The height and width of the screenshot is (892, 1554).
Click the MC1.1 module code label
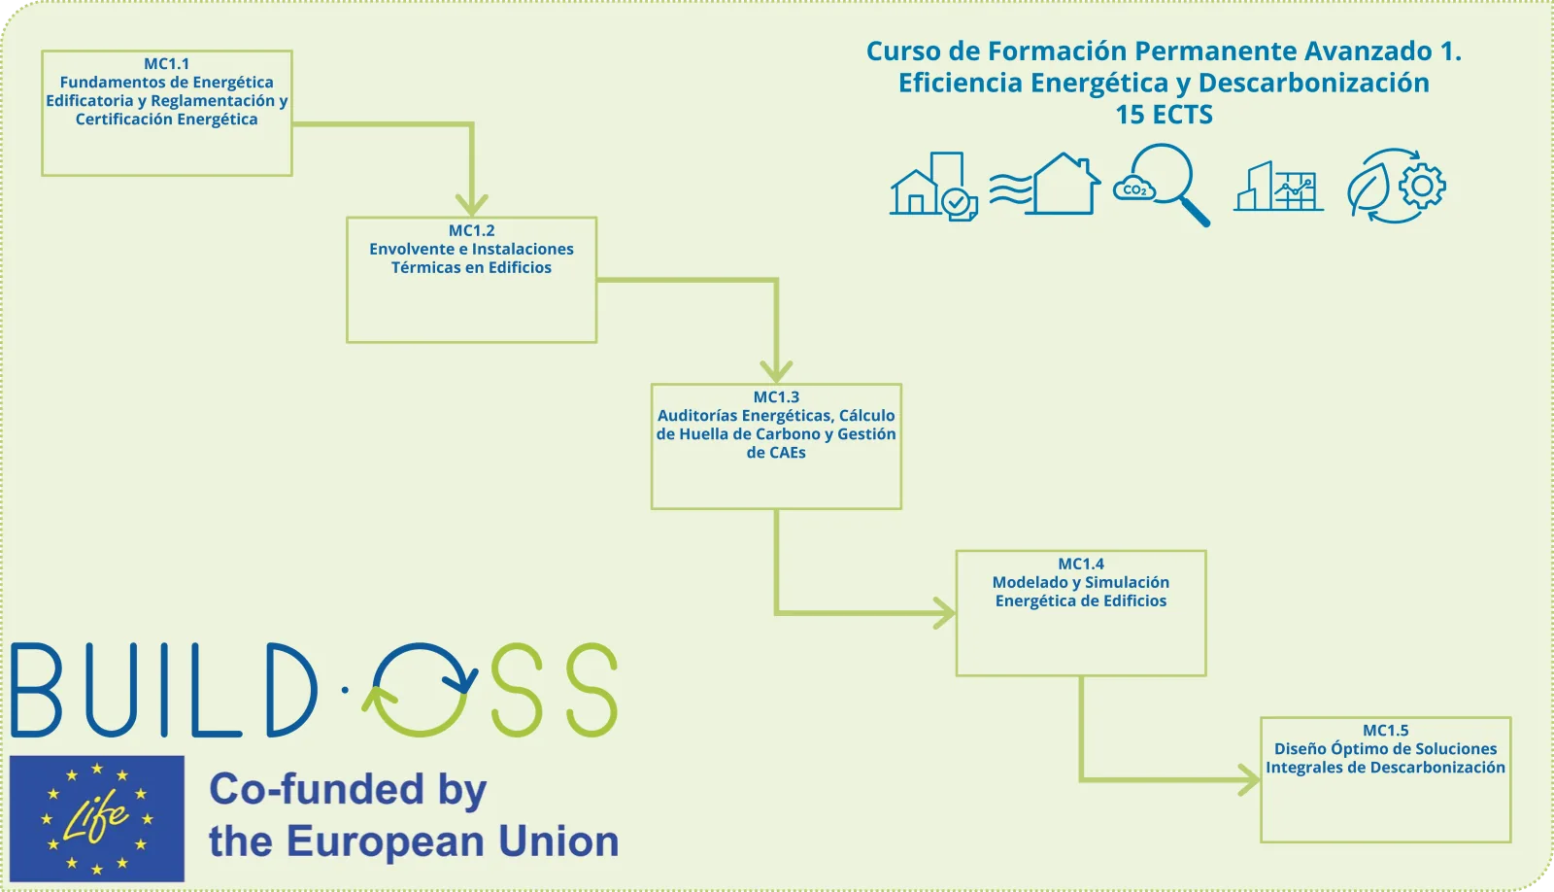tap(166, 64)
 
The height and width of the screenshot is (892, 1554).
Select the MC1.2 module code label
tap(471, 230)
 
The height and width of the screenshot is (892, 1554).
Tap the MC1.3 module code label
tap(776, 397)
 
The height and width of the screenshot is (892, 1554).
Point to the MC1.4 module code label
tap(1080, 564)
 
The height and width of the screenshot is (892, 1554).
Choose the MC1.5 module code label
tap(1385, 731)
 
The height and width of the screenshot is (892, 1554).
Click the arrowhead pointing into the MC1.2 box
tap(472, 205)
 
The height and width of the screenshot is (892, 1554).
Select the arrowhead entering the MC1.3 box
tap(776, 372)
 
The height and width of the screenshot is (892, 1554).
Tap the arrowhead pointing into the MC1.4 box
tap(944, 613)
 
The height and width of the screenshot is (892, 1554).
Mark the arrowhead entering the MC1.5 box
tap(1249, 779)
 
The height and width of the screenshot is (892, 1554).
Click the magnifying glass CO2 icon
tap(1162, 185)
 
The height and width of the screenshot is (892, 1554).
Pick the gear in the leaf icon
tap(1422, 186)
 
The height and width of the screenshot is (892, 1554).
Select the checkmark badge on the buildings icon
tap(957, 203)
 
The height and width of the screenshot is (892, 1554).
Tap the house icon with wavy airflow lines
tap(1044, 185)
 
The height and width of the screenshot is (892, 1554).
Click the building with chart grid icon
tap(1278, 186)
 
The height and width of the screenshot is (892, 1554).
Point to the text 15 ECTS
tap(1164, 115)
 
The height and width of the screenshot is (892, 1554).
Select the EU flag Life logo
tap(97, 818)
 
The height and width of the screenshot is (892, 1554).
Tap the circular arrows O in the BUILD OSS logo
tap(420, 689)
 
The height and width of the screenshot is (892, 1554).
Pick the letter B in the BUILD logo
tap(36, 689)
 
